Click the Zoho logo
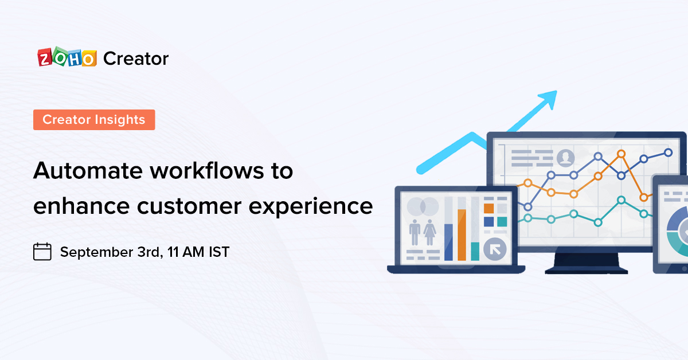[x=66, y=58]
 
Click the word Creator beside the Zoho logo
[x=136, y=58]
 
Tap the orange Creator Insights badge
[x=94, y=120]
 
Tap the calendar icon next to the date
[x=42, y=252]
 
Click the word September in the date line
[x=95, y=252]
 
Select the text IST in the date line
[x=218, y=252]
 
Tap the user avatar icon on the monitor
[x=566, y=157]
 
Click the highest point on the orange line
[x=621, y=154]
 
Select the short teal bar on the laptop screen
[x=475, y=251]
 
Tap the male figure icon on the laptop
[x=415, y=235]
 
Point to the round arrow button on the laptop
[x=494, y=250]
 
